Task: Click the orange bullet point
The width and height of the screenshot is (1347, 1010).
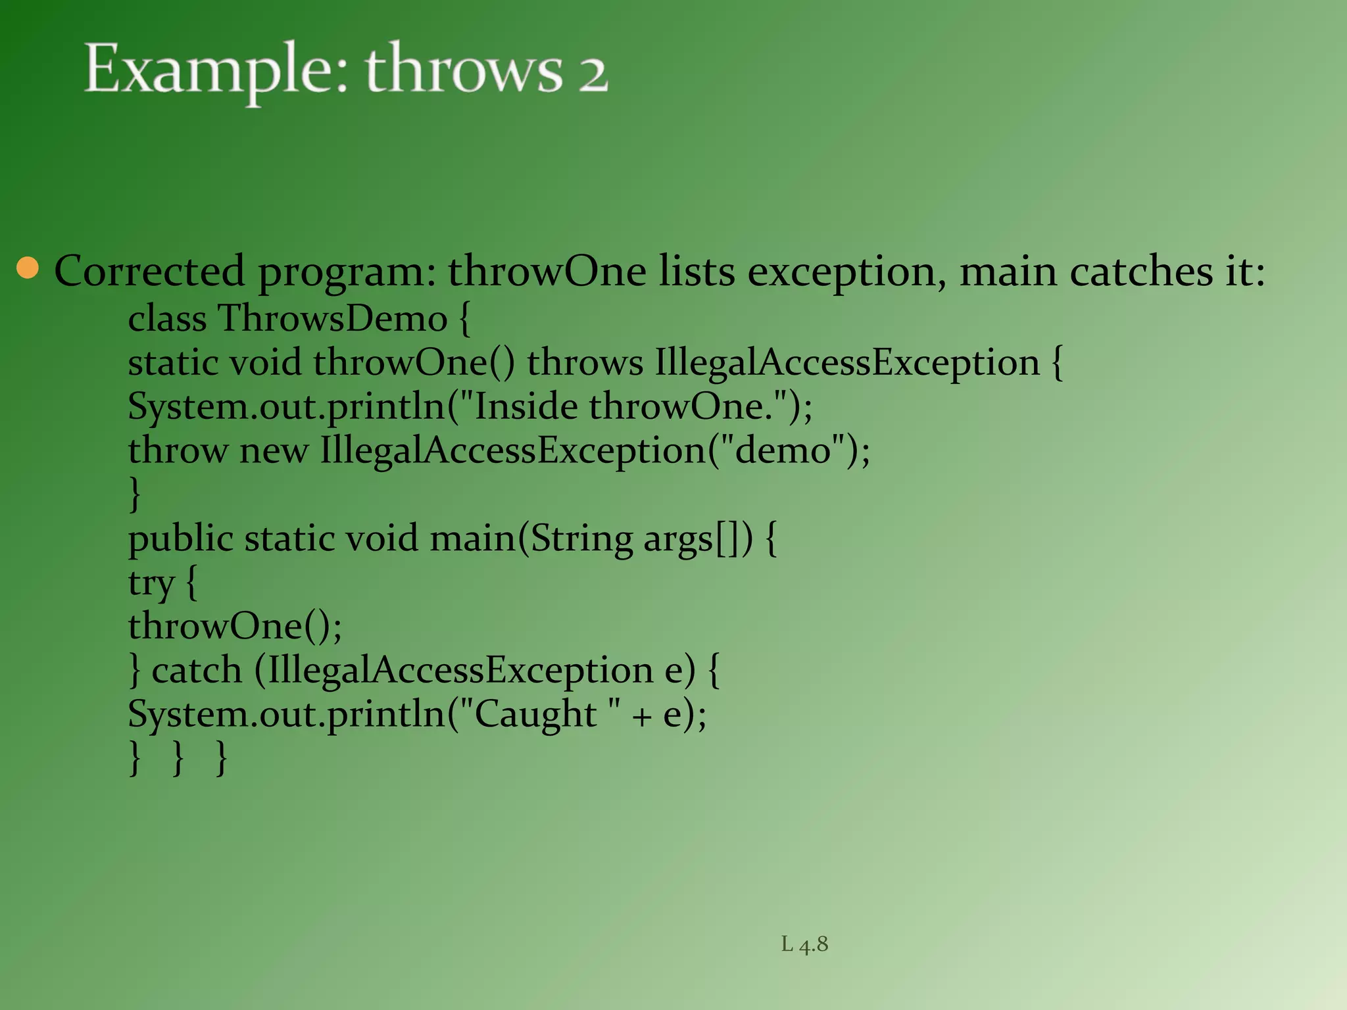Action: coord(28,268)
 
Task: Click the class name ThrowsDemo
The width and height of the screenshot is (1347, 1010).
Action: coord(333,319)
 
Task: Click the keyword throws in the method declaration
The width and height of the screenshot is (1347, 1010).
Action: coord(585,363)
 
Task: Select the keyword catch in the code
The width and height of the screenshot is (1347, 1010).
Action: coord(197,671)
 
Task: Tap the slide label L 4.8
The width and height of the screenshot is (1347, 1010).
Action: coord(804,944)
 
